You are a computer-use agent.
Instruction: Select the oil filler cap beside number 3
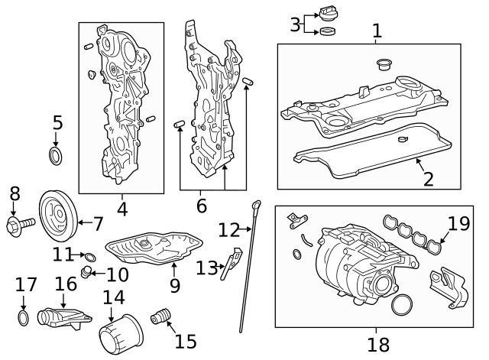(x=330, y=15)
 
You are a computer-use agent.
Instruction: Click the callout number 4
(x=121, y=206)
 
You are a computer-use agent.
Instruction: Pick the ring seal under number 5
(x=57, y=157)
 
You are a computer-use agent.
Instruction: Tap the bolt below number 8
(x=20, y=224)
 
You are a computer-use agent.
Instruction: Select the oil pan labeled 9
(x=153, y=249)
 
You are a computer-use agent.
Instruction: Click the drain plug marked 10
(x=88, y=273)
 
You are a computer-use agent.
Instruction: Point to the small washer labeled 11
(x=90, y=256)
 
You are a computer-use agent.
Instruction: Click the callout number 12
(x=228, y=229)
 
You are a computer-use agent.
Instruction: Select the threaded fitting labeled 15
(x=160, y=316)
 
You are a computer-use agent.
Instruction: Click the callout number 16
(x=66, y=284)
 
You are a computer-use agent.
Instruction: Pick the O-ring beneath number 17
(x=24, y=317)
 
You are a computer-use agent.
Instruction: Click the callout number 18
(x=378, y=344)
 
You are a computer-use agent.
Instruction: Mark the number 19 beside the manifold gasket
(x=458, y=223)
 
